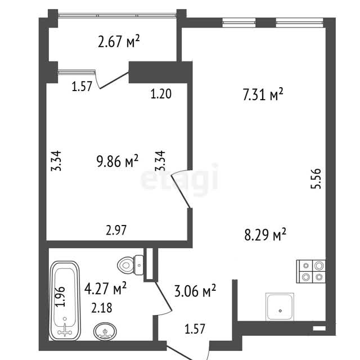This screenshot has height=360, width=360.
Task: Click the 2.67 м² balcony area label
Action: [x=119, y=41]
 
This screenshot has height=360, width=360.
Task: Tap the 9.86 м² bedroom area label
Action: [x=118, y=161]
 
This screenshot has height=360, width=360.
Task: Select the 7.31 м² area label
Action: [x=263, y=94]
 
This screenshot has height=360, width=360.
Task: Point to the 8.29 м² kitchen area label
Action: [x=265, y=235]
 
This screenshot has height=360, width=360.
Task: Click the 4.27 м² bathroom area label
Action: [x=105, y=289]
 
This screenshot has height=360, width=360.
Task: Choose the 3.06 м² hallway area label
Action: [x=195, y=291]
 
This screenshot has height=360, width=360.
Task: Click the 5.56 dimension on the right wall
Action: [x=316, y=179]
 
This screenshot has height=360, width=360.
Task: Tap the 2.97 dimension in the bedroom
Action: [x=116, y=230]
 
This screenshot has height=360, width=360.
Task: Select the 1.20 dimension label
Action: [x=161, y=94]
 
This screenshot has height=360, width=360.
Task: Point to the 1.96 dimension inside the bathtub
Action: [x=60, y=296]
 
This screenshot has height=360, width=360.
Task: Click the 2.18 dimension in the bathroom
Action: [x=102, y=308]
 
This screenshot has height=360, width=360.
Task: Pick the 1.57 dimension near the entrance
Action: [x=195, y=328]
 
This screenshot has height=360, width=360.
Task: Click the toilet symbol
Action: [x=130, y=265]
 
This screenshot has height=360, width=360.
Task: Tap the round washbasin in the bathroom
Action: [x=105, y=331]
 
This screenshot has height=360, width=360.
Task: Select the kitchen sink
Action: [x=280, y=307]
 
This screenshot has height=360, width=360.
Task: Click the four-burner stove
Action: [x=311, y=271]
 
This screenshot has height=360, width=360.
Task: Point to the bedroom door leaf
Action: [x=181, y=192]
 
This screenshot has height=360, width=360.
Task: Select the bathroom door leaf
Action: [x=164, y=296]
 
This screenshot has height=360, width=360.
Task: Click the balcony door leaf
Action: [x=114, y=80]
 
